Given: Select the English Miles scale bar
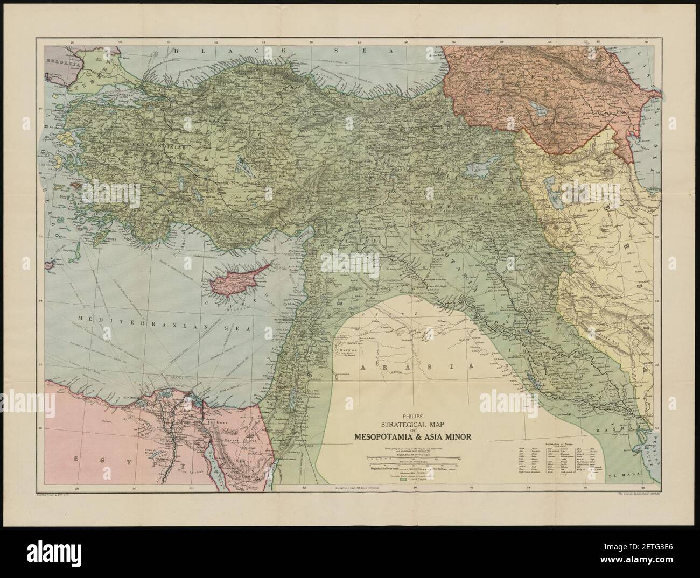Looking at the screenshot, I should pyautogui.click(x=414, y=457).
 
